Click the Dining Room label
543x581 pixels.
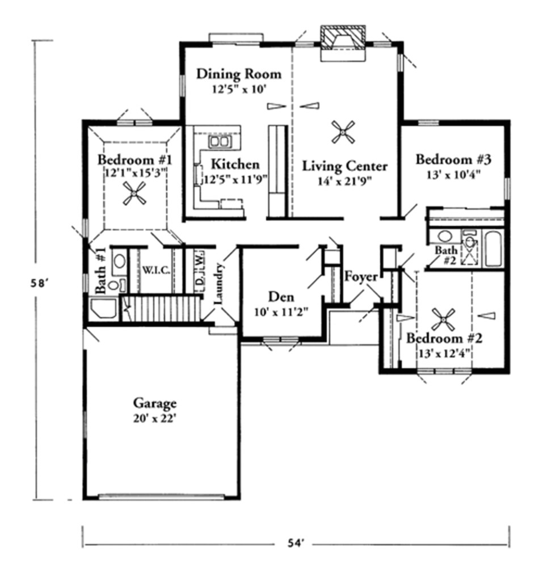pyautogui.click(x=239, y=74)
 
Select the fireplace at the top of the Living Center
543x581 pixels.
pyautogui.click(x=343, y=43)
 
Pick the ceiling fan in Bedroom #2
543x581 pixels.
pyautogui.click(x=443, y=319)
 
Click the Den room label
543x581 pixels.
pyautogui.click(x=281, y=297)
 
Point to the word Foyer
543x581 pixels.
pyautogui.click(x=361, y=277)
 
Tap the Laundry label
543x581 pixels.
pyautogui.click(x=218, y=283)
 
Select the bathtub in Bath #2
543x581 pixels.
pyautogui.click(x=494, y=249)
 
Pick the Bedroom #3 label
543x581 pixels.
pyautogui.click(x=452, y=159)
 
